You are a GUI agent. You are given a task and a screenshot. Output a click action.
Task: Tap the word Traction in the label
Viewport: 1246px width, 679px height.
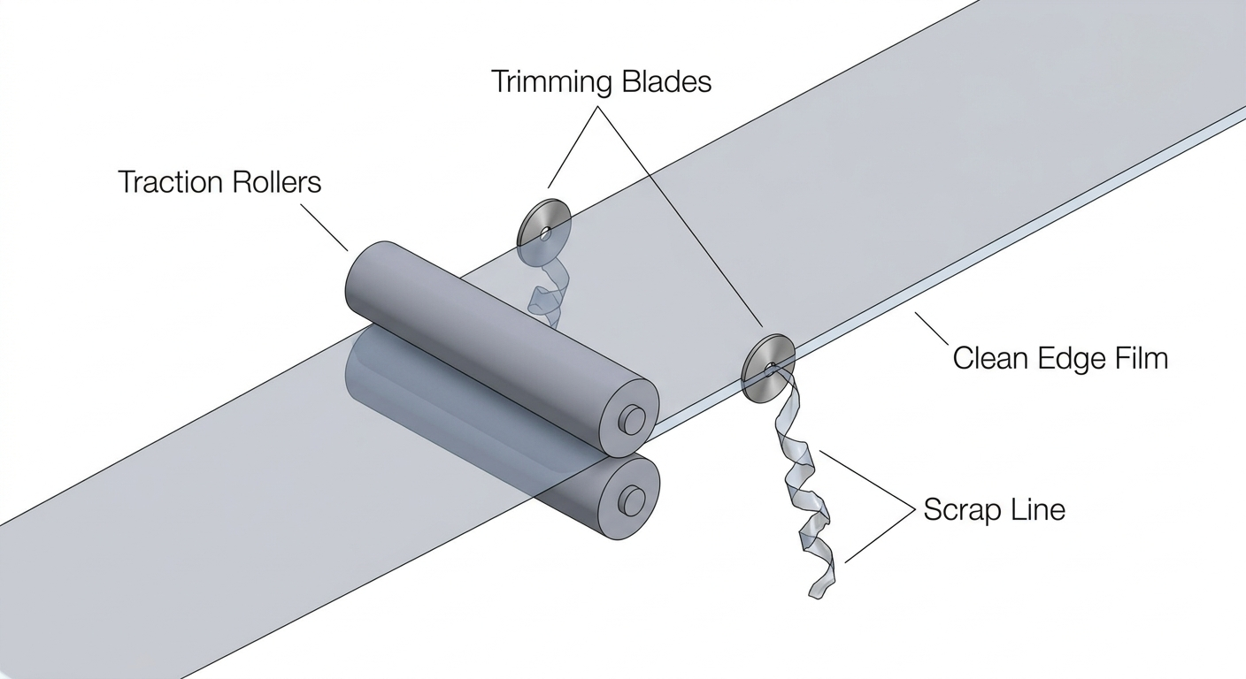coord(171,182)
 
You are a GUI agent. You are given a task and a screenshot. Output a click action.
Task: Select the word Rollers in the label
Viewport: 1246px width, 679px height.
coord(277,182)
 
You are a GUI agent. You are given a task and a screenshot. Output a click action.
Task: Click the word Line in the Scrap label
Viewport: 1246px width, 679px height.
coord(1037,509)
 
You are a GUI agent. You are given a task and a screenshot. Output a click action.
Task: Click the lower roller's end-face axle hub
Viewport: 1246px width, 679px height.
coord(632,501)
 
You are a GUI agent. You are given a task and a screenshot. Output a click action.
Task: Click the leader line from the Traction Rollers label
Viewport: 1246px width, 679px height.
coord(325,226)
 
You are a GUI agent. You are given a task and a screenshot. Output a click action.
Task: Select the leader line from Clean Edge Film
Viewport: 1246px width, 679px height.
coord(932,329)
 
